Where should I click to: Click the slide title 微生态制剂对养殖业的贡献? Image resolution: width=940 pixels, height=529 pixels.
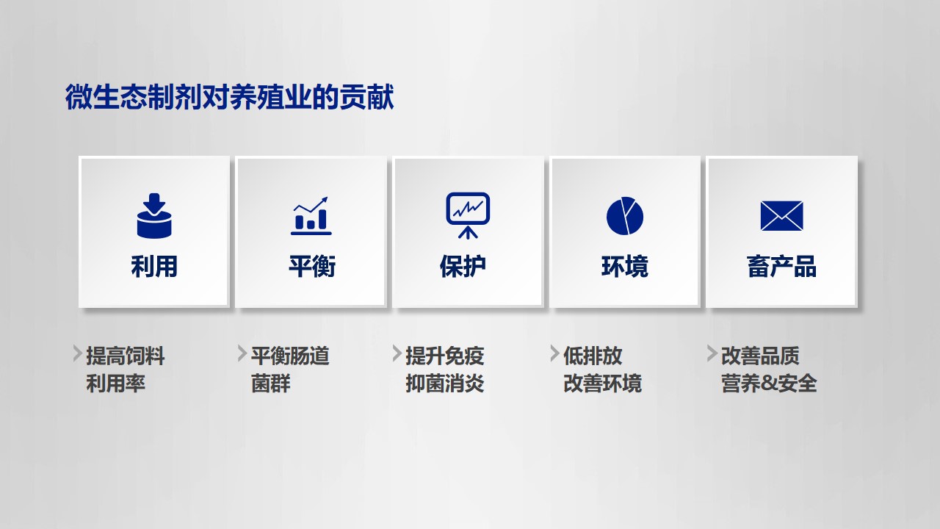230,97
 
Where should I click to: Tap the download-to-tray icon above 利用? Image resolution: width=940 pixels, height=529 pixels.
154,216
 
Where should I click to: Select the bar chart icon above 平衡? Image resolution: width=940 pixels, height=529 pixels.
311,216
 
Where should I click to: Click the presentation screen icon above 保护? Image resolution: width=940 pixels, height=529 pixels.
468,215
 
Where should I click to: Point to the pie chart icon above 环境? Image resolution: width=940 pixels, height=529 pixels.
625,216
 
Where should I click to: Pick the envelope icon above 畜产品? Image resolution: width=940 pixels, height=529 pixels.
782,216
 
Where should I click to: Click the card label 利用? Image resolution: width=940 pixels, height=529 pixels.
154,266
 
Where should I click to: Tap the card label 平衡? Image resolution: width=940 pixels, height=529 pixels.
312,266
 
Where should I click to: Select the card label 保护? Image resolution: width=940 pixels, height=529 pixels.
463,266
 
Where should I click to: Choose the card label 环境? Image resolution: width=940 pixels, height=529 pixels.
625,266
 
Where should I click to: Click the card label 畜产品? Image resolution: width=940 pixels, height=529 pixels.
782,266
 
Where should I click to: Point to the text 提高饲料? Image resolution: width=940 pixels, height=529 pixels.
125,356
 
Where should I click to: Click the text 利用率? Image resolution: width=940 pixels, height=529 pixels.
115,384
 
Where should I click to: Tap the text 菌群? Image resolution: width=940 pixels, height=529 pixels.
271,384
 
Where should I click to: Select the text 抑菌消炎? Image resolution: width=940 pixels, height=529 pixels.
445,384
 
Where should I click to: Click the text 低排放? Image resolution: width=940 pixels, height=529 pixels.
593,356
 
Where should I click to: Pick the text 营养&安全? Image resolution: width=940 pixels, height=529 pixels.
769,384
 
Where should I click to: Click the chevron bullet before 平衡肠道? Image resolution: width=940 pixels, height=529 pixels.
242,353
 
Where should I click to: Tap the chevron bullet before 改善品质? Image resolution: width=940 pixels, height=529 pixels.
712,353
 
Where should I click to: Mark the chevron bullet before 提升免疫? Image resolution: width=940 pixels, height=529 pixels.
397,353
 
